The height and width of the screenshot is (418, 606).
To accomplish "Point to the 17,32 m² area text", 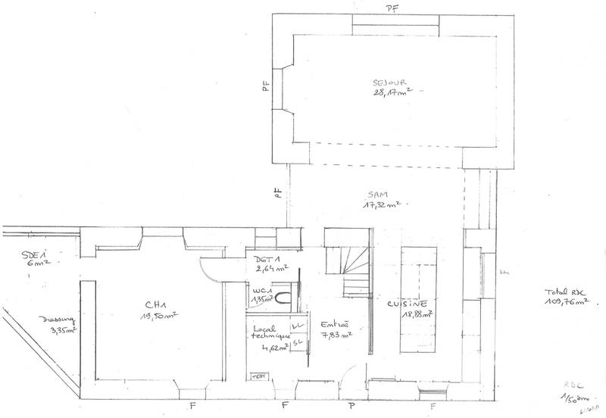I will click(381, 205).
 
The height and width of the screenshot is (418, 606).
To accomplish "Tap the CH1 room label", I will click(155, 305).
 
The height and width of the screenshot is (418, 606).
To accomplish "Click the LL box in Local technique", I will click(297, 325).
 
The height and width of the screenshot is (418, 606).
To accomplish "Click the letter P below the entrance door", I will click(342, 405).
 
